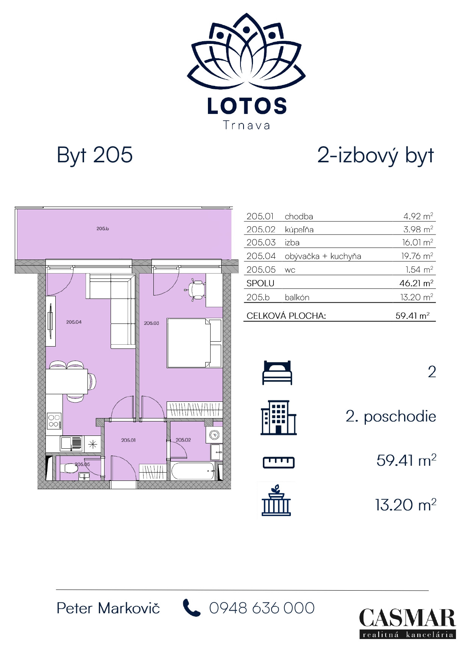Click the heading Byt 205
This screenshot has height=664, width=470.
[x=95, y=155]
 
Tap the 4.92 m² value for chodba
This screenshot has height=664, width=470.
[x=418, y=216]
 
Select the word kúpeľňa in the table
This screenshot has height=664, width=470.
[x=299, y=230]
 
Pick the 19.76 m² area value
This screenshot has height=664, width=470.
[x=417, y=256]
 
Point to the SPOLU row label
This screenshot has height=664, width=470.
[x=260, y=283]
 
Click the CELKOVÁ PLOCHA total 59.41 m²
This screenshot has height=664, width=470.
[x=412, y=316]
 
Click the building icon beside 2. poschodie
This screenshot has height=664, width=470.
[x=278, y=418]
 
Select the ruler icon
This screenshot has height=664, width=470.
[x=278, y=462]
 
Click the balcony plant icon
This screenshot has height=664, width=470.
[x=276, y=501]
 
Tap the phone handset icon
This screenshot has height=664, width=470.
[x=191, y=608]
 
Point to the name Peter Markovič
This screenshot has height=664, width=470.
[x=108, y=608]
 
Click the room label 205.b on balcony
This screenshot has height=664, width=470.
[x=103, y=229]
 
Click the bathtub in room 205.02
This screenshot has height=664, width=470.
[x=193, y=471]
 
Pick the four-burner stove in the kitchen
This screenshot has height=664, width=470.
[x=54, y=421]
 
